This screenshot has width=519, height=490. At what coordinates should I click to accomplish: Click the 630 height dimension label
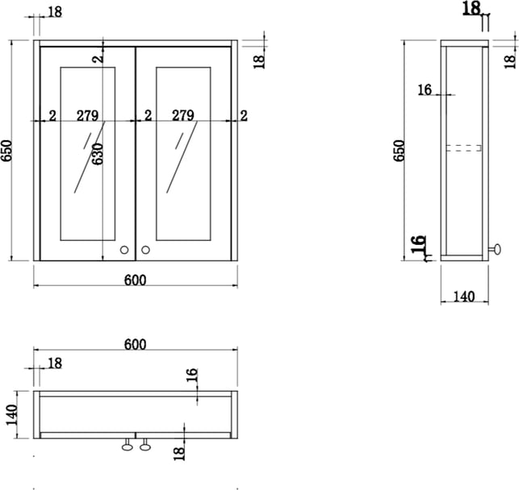(98, 154)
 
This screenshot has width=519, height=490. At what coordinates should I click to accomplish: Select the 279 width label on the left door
(87, 115)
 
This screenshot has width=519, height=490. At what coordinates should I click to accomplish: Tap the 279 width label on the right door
(183, 115)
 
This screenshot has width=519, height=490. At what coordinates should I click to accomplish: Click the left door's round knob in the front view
(124, 250)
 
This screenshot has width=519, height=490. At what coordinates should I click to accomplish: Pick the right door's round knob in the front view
(145, 250)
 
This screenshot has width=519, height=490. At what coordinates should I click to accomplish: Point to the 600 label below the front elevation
(135, 280)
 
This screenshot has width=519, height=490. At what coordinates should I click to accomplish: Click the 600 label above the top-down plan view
(135, 345)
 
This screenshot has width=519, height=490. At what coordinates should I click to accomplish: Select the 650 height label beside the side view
(400, 151)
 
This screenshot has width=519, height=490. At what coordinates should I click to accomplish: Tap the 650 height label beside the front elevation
(6, 151)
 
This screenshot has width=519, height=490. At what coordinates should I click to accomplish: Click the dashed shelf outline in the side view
(463, 148)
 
